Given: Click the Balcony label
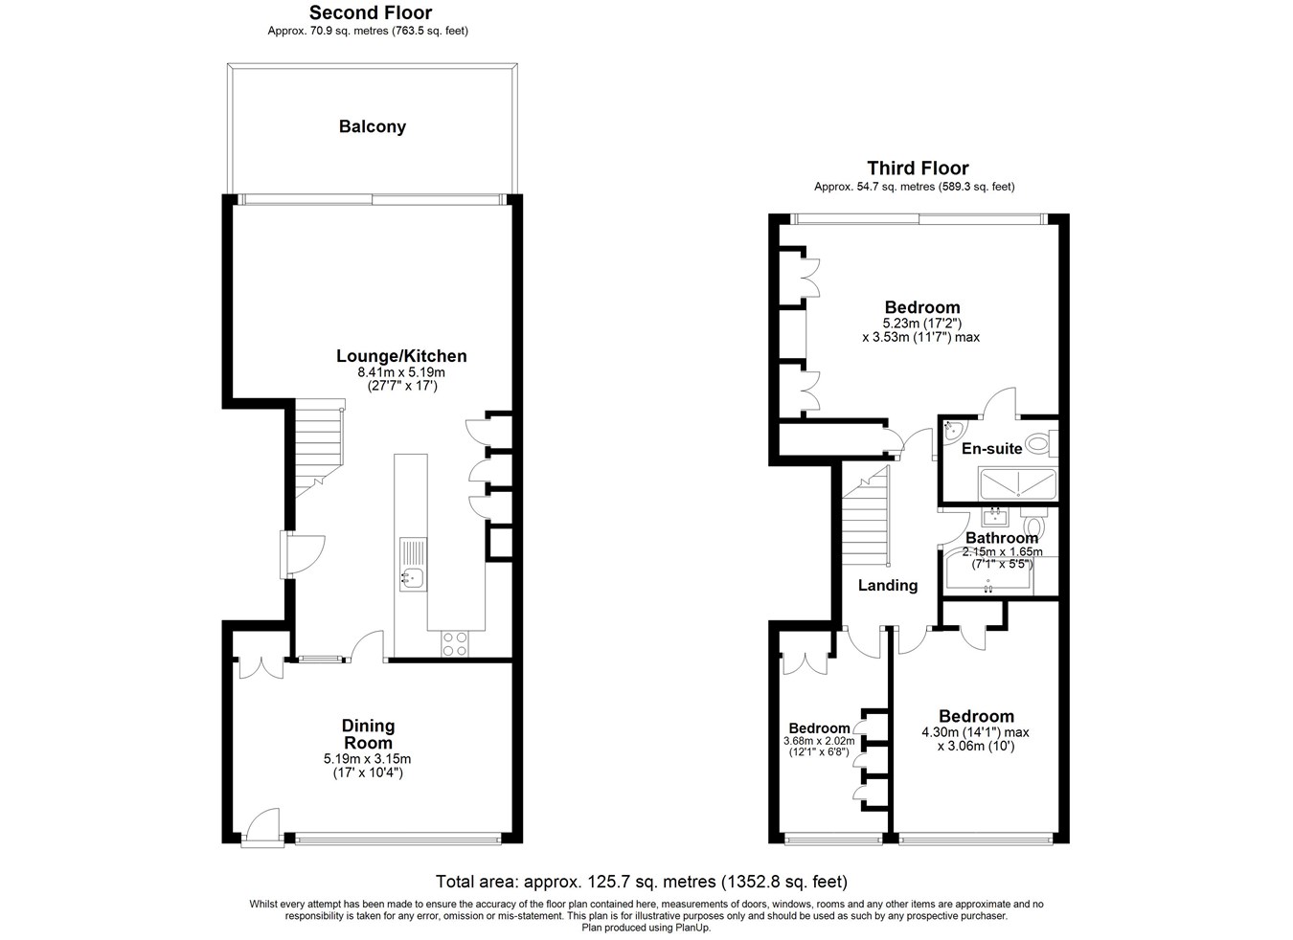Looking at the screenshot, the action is (373, 127).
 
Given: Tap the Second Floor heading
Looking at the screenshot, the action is (371, 12).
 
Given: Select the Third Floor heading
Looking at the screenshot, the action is (918, 168).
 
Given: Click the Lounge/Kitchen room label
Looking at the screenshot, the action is (401, 356).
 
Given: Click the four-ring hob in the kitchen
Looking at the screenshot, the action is (455, 643).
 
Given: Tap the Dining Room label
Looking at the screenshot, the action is (368, 734).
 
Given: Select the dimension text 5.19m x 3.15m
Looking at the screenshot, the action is (367, 759).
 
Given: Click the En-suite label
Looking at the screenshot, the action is (991, 448).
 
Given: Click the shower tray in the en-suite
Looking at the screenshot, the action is (1018, 483).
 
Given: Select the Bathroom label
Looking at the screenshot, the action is (1002, 538).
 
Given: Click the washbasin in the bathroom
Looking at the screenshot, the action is (995, 517).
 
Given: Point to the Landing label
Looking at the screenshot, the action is (888, 585).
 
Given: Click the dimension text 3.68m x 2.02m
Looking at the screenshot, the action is (819, 741).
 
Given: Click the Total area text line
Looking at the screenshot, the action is (642, 882).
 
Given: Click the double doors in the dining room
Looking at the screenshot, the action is (261, 668).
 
